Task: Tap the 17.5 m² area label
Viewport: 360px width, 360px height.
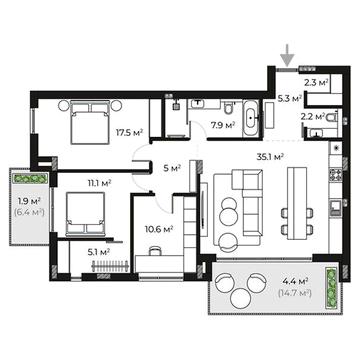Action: click(x=129, y=132)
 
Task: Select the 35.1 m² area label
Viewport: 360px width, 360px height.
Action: click(x=270, y=157)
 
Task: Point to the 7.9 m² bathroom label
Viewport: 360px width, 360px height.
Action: click(x=223, y=125)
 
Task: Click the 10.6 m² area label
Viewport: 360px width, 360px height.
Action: click(x=159, y=229)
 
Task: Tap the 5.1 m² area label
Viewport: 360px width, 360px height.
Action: click(x=99, y=252)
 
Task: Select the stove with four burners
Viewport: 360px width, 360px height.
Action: click(x=334, y=174)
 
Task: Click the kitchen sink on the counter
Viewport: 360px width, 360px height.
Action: click(x=334, y=207)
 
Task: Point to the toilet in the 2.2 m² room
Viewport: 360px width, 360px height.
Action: click(x=332, y=117)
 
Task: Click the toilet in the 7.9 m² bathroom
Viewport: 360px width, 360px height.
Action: click(x=229, y=108)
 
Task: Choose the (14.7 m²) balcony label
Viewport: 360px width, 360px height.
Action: click(x=294, y=293)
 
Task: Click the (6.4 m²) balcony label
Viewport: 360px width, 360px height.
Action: click(x=30, y=211)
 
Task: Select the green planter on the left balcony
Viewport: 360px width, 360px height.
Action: click(x=29, y=178)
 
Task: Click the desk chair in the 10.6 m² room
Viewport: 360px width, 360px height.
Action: click(x=154, y=251)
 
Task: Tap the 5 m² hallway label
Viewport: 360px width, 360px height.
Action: click(x=172, y=168)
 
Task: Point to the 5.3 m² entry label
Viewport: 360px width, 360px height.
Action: click(x=290, y=98)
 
